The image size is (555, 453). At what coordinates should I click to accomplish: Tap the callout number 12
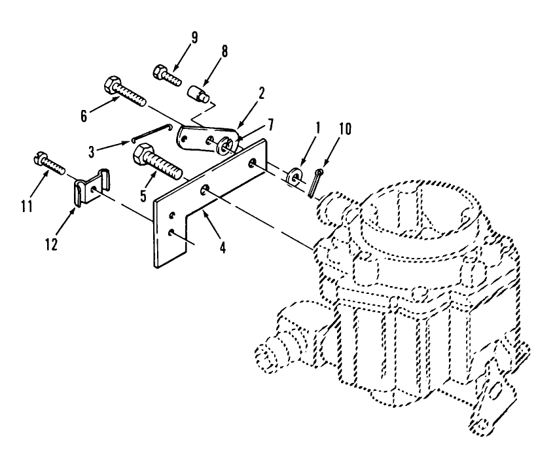tap(51, 244)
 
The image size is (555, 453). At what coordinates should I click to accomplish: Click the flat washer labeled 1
tap(293, 175)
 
